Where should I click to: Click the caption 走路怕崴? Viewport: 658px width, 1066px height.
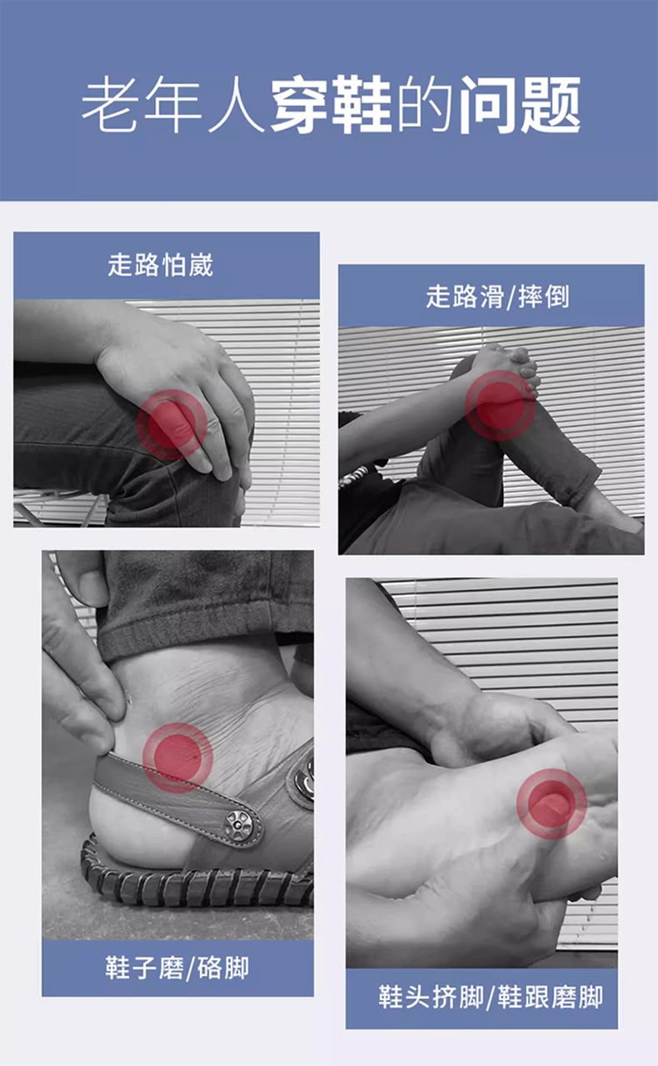pos(160,265)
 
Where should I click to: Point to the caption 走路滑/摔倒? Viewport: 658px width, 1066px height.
pos(497,297)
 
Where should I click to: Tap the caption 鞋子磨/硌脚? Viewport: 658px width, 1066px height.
pos(177,968)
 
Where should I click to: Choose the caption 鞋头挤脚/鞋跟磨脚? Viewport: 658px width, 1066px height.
pos(491,997)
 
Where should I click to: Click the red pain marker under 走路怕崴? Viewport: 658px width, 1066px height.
pos(172,425)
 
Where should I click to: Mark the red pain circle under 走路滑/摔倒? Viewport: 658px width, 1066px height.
pos(500,406)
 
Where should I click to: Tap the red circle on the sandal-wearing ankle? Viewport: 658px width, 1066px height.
pos(177,758)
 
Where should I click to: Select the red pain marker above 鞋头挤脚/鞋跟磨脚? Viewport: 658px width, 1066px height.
pos(551,803)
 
